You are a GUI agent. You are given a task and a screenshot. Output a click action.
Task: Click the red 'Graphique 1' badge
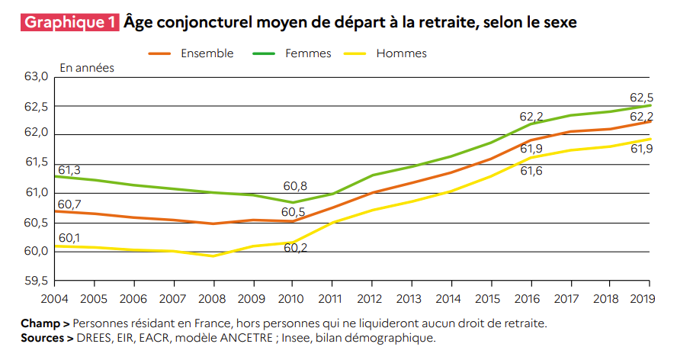(70, 22)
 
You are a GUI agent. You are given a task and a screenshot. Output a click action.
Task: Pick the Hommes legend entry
(401, 53)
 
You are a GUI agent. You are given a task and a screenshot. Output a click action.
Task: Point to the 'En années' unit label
(87, 68)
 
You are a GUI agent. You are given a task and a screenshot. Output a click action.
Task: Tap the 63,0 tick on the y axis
(36, 77)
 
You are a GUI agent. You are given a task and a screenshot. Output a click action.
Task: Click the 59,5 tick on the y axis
(36, 281)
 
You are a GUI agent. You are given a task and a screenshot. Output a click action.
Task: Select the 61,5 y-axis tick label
(36, 162)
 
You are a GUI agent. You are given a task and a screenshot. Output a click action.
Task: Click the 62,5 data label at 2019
(641, 98)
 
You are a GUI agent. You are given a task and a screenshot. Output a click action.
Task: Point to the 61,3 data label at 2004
(69, 169)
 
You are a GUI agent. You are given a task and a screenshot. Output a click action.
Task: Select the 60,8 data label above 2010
(295, 186)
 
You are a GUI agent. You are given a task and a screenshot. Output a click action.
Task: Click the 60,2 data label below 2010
(295, 248)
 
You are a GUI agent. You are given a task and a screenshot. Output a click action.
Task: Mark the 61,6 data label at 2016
(531, 171)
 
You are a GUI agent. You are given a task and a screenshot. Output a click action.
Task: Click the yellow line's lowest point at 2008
(213, 256)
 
